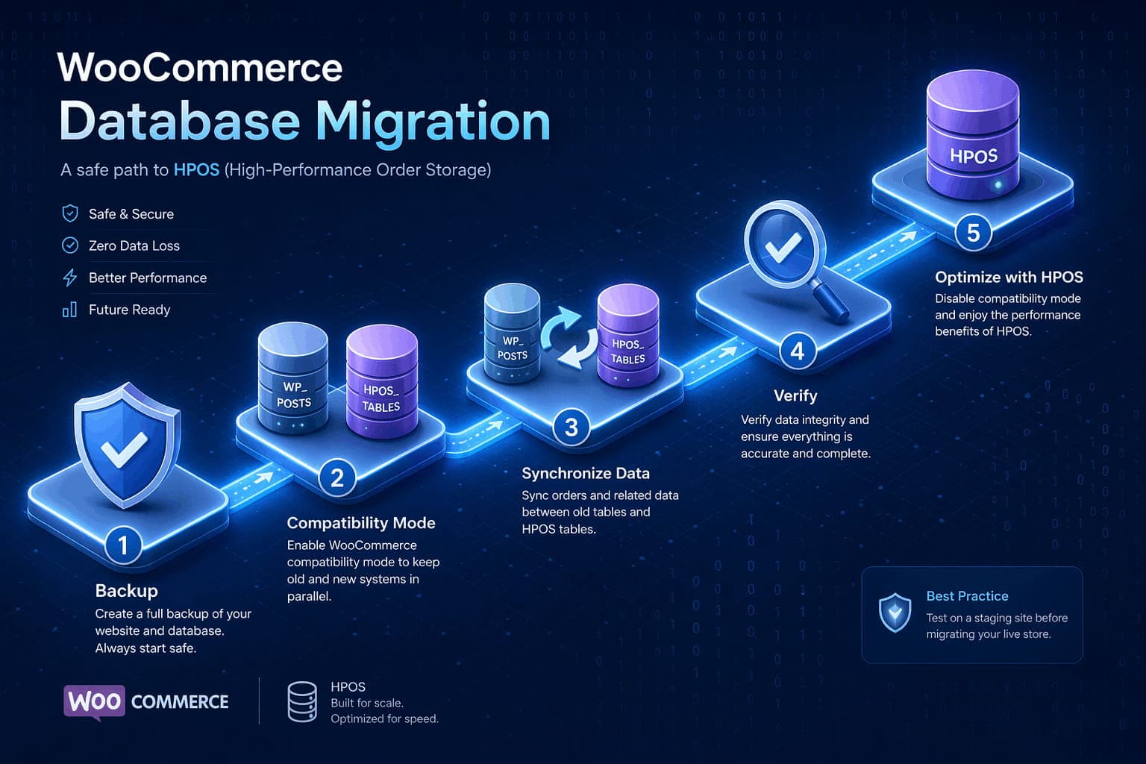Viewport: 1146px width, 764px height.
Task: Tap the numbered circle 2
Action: tap(337, 477)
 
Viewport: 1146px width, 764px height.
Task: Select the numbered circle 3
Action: tap(572, 427)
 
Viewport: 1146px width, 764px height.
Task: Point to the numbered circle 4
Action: tap(798, 351)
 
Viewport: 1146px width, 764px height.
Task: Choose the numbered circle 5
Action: tap(973, 232)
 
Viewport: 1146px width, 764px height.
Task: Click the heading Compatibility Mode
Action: tap(361, 523)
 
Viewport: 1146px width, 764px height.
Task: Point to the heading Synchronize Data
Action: tap(586, 473)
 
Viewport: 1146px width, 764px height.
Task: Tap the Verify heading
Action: tap(795, 395)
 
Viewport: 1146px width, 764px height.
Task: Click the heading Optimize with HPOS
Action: tap(1009, 277)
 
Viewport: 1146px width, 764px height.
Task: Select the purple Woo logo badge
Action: tap(94, 701)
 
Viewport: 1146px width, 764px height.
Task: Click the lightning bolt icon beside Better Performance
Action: tap(70, 278)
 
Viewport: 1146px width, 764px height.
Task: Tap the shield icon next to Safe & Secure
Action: tap(70, 214)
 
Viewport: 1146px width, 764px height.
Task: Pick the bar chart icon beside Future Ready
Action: tap(69, 310)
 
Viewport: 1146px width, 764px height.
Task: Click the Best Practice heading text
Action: tap(967, 596)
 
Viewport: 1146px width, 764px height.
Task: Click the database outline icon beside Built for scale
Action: tap(302, 702)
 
